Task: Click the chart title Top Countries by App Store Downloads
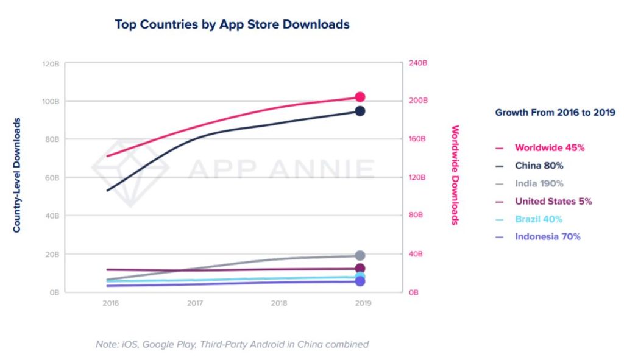[x=232, y=25]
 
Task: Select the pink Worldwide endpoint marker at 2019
[x=360, y=97]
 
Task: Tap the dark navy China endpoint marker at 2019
[x=360, y=111]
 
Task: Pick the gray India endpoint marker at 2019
[x=360, y=255]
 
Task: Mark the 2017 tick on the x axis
[x=194, y=303]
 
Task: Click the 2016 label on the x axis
[x=110, y=303]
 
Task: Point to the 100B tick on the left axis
[x=51, y=101]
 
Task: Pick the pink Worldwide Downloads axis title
[x=455, y=175]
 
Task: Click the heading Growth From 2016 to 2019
[x=555, y=112]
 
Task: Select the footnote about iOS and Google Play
[x=232, y=344]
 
